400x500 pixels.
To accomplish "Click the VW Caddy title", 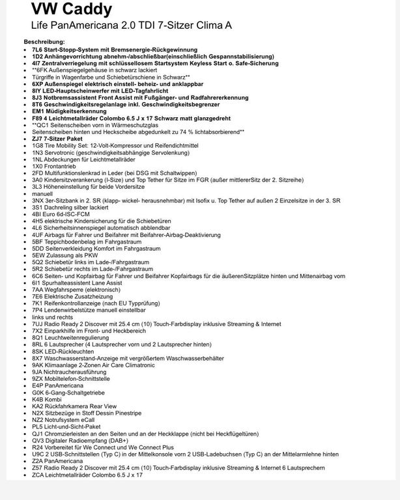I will click(72, 9).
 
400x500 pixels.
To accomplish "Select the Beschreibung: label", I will click(40, 42).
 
